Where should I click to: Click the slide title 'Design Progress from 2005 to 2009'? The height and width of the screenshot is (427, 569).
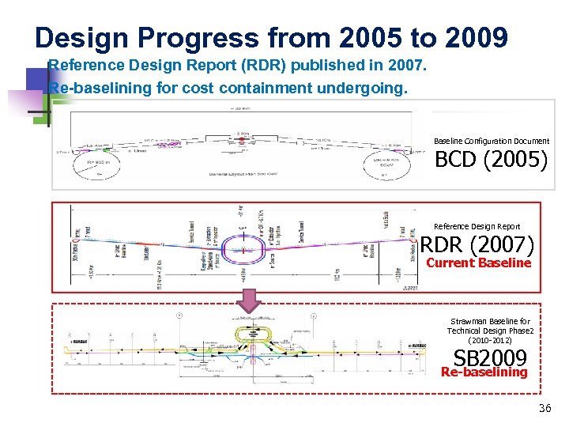tap(271, 37)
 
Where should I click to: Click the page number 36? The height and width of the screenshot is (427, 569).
tap(544, 409)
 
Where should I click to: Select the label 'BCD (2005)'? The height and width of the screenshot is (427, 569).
tap(491, 160)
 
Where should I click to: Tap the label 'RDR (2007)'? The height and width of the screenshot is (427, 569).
tap(477, 245)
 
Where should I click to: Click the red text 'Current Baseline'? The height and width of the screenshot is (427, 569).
tap(478, 263)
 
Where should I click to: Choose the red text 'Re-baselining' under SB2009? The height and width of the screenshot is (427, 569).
tap(484, 372)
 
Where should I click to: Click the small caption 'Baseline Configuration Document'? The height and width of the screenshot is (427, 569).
tap(491, 141)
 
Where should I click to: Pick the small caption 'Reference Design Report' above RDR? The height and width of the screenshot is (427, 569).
tap(477, 227)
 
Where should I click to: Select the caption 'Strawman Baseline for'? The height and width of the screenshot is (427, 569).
tap(490, 321)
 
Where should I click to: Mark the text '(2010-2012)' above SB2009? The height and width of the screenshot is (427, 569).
tap(490, 340)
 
